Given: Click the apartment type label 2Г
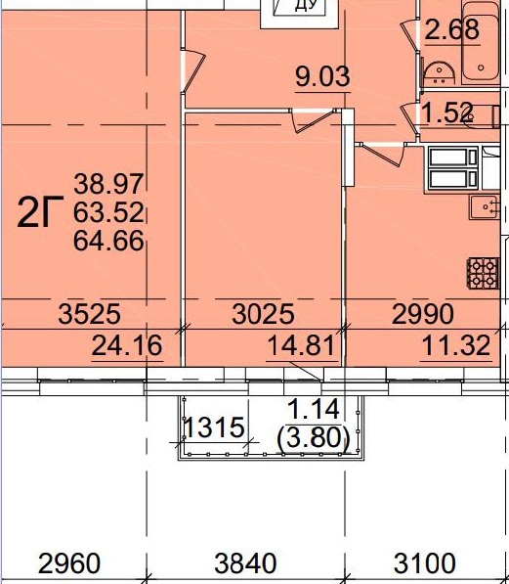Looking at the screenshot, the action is (x=40, y=212).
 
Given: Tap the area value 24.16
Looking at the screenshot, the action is (x=127, y=345).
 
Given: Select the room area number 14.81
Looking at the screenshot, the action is (x=301, y=345).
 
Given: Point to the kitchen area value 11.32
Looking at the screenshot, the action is (x=456, y=345).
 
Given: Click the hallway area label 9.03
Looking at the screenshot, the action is (x=322, y=76).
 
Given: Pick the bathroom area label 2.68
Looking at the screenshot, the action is (x=451, y=29).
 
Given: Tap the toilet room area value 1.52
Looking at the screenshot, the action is (x=447, y=112).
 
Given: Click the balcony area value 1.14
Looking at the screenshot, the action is (x=314, y=409).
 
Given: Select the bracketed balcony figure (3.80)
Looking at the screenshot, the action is (x=314, y=437).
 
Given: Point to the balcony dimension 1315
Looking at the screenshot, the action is (x=215, y=427).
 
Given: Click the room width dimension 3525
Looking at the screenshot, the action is (x=89, y=314).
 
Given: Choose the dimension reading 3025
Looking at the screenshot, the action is (x=263, y=314).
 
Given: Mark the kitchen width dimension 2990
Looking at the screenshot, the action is (x=423, y=314).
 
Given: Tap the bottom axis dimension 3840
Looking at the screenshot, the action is (x=245, y=563).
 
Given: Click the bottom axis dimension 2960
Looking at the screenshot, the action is (x=69, y=563).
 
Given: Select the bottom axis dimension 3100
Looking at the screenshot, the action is (x=425, y=563).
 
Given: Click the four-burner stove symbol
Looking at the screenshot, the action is (x=483, y=273).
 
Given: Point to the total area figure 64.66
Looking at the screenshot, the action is (x=108, y=241).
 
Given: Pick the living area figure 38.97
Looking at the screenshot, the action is (x=108, y=184).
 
